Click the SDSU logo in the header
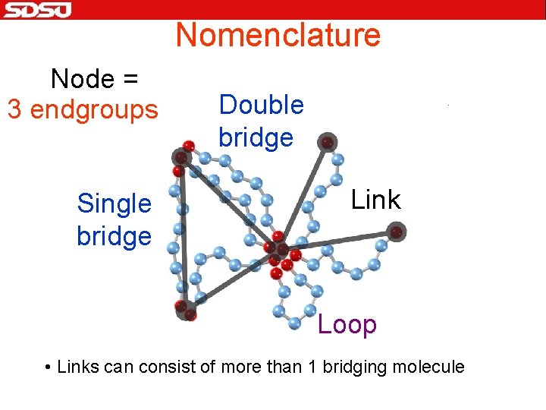click(x=36, y=10)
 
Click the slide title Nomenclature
click(x=278, y=35)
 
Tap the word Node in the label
click(x=83, y=78)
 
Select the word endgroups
click(x=95, y=110)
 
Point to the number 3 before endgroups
click(x=14, y=110)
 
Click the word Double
click(x=261, y=105)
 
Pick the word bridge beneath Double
click(x=256, y=137)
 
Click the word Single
click(x=115, y=203)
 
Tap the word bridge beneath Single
click(x=114, y=236)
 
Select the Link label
click(x=375, y=200)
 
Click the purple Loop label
click(x=347, y=325)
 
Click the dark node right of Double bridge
click(x=327, y=142)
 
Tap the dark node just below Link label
click(x=396, y=232)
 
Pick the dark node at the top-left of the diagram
click(x=180, y=157)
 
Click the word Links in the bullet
click(x=77, y=367)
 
